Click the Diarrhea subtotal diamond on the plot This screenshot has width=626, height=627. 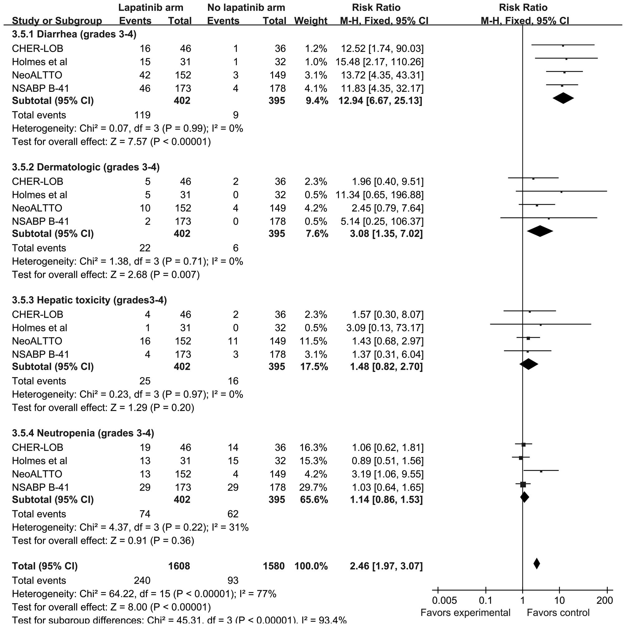[x=563, y=98]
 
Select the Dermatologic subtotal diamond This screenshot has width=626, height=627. [x=540, y=231]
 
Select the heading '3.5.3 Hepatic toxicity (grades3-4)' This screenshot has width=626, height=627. [x=89, y=300]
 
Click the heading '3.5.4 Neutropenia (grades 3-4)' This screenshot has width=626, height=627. [x=83, y=433]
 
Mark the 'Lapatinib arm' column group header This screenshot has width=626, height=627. [x=151, y=7]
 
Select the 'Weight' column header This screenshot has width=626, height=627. [x=311, y=21]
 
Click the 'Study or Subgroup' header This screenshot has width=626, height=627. [x=57, y=21]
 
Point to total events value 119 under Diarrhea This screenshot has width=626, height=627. [x=142, y=115]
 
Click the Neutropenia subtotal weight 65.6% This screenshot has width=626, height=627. [x=314, y=499]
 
